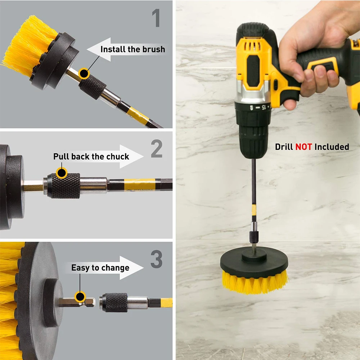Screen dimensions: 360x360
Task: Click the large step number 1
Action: point(156,18)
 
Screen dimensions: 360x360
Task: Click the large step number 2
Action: point(157,149)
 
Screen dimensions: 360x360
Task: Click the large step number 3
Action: point(157,259)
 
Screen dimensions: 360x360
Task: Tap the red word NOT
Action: point(303,147)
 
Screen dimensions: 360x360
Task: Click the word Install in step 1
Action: point(113,49)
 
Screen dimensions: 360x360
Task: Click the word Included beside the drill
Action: point(332,147)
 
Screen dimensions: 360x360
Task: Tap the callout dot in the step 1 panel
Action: point(84,73)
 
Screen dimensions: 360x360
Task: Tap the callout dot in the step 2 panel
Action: point(62,173)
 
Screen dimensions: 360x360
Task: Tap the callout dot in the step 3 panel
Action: point(80,297)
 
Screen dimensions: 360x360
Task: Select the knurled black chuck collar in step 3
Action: point(115,302)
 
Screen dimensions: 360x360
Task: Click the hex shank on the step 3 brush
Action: point(76,302)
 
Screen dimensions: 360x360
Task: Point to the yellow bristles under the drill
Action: point(255,282)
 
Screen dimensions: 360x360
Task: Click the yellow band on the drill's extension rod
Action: point(254,210)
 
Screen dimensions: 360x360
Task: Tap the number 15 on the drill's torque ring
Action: point(263,107)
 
